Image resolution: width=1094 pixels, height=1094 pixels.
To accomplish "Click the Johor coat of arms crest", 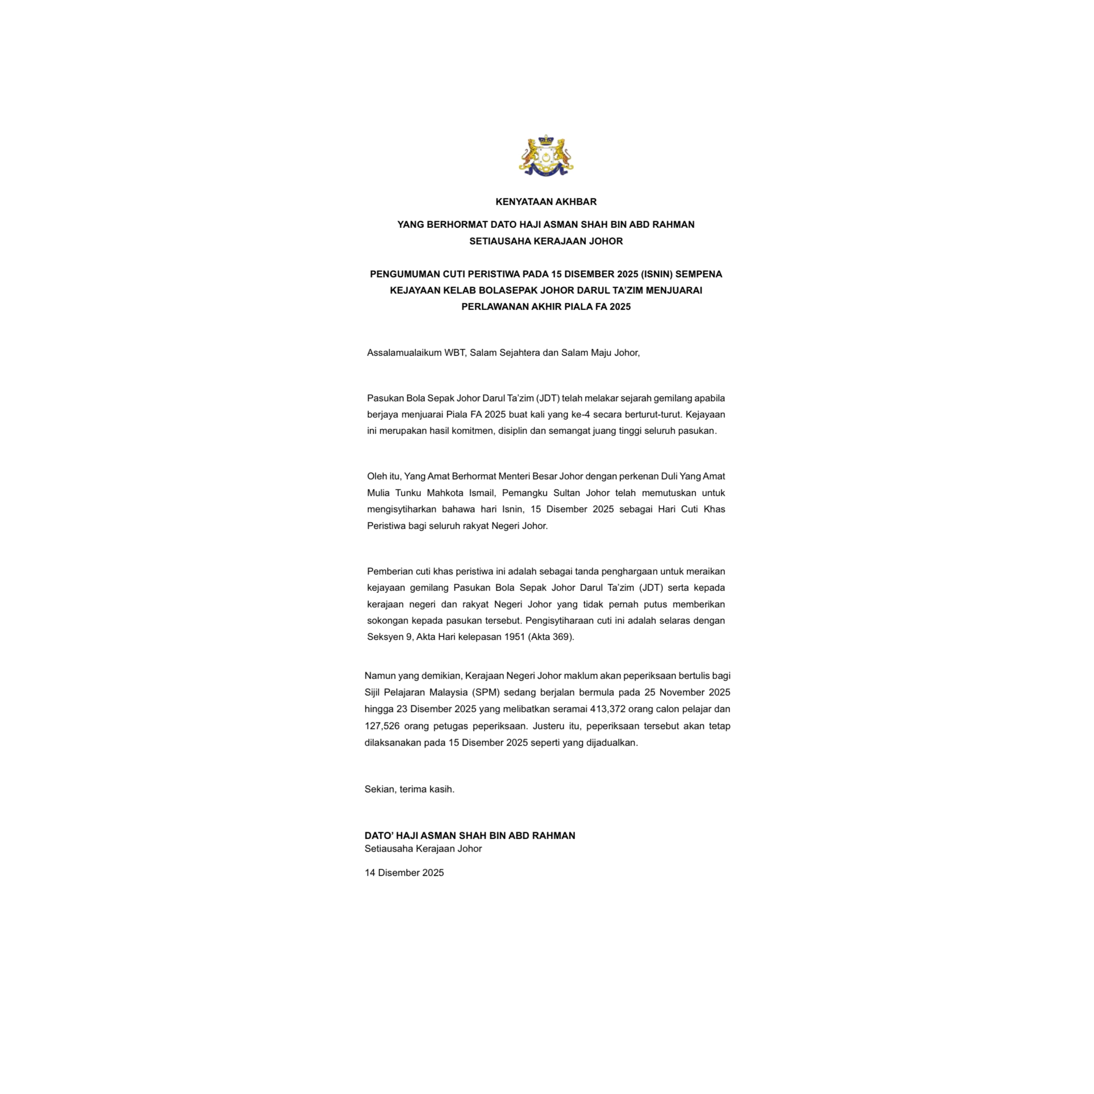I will click(546, 156).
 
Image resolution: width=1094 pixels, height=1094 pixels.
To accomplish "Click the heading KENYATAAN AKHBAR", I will click(546, 202).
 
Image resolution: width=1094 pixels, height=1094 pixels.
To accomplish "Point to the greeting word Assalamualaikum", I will click(404, 353).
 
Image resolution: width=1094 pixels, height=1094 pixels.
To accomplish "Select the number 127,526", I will click(382, 726).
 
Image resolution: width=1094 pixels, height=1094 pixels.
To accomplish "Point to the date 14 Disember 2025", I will click(404, 873).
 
